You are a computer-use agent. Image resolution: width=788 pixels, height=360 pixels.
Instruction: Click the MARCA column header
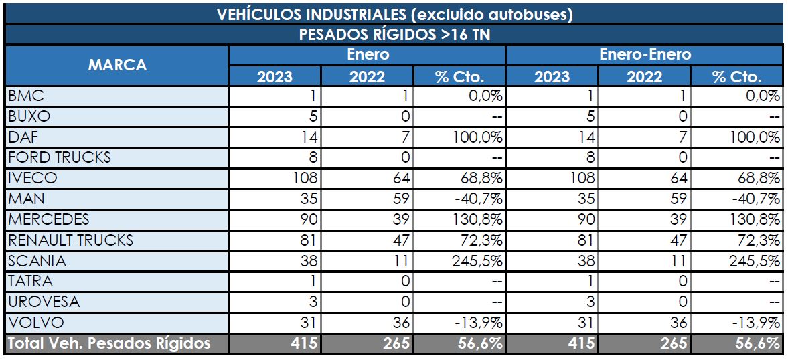(x=116, y=65)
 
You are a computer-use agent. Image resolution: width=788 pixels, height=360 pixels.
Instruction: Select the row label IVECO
(x=33, y=178)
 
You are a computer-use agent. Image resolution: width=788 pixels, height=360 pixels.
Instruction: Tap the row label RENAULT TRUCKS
(x=71, y=240)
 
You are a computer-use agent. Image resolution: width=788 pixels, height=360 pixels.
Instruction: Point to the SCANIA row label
(x=37, y=260)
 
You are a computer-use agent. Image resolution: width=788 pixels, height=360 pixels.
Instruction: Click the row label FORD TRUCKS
(x=60, y=157)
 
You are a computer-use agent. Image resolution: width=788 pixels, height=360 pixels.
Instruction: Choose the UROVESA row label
(x=44, y=302)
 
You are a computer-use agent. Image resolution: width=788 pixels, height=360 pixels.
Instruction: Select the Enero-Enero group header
(x=644, y=54)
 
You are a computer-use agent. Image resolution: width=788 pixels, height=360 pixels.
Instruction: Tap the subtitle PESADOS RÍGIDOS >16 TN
(x=394, y=35)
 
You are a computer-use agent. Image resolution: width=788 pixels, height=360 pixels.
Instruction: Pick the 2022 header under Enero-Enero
(x=644, y=76)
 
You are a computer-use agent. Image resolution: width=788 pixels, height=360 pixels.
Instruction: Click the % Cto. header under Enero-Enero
(x=737, y=76)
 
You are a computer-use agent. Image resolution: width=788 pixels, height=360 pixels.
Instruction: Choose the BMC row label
(x=27, y=96)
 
